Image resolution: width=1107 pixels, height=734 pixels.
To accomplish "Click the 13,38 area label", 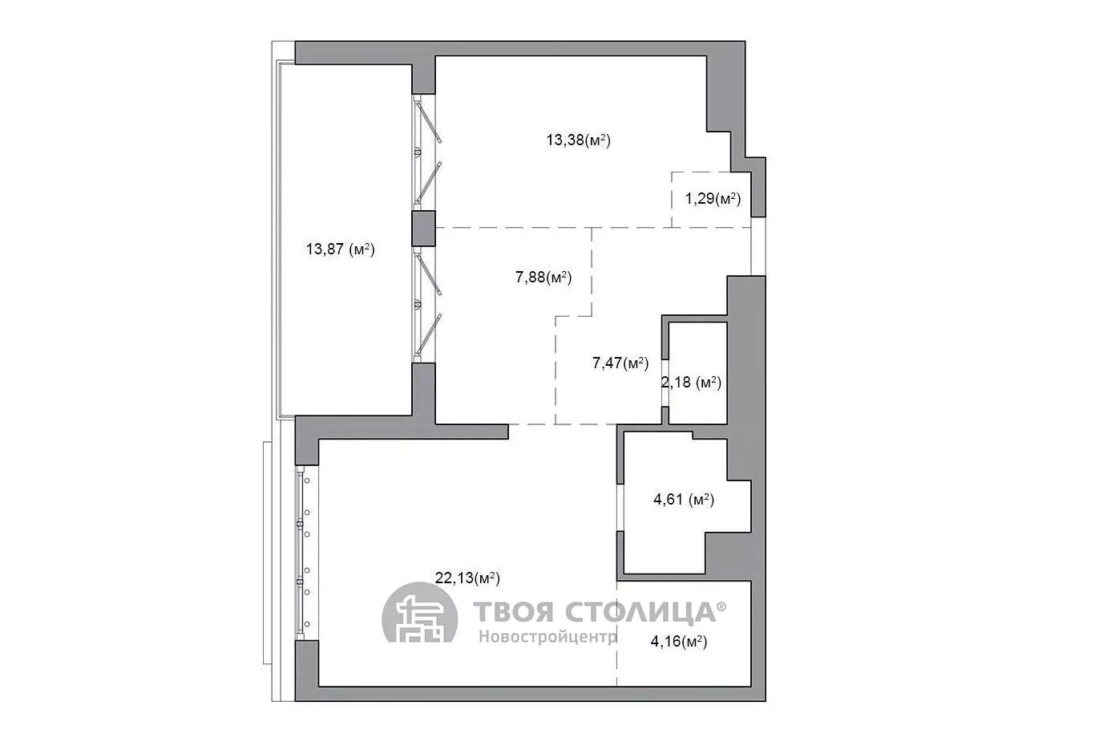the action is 578,140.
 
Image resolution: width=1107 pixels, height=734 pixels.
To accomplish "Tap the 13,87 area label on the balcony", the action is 341,249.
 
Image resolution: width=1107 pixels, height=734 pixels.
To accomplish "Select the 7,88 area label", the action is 543,278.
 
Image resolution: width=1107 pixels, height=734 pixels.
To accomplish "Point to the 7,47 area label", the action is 620,363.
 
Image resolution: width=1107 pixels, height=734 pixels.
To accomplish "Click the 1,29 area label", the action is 713,199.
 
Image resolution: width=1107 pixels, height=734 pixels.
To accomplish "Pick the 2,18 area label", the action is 692,383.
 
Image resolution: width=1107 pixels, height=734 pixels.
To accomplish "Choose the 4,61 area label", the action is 684,500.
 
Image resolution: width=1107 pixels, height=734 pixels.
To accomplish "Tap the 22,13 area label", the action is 467,578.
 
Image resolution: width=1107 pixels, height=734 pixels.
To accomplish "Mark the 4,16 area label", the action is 679,642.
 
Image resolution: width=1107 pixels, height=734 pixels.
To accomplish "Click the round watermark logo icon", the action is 419,614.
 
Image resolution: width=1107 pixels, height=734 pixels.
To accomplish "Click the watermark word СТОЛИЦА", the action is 640,613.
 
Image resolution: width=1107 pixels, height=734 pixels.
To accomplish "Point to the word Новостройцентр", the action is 547,636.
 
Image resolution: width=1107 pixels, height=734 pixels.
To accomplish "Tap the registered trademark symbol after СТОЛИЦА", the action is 721,606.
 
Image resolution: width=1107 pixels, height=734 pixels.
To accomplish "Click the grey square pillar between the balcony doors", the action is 423,229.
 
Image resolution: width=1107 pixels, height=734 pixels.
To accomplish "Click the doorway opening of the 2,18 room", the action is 665,383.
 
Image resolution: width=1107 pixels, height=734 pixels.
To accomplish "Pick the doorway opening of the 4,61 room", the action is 620,508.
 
